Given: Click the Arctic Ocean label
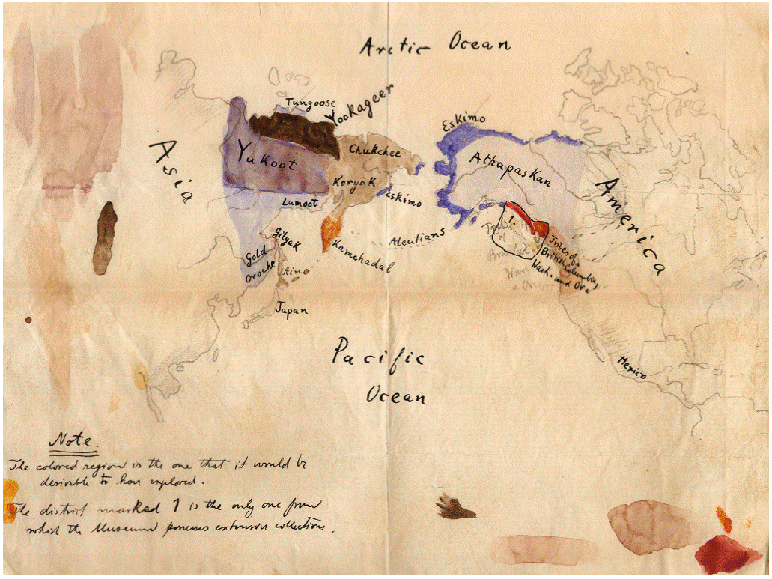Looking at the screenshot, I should [x=435, y=46].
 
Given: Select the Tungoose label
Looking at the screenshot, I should [x=309, y=103].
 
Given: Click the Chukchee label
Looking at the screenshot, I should [x=374, y=151].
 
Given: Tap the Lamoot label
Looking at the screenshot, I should [x=300, y=202].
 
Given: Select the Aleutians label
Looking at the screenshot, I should [x=417, y=238].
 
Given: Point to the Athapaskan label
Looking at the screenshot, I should [x=510, y=169].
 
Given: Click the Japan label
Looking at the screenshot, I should [x=292, y=309].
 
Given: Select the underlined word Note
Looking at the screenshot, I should [x=73, y=441].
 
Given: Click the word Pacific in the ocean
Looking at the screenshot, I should [x=378, y=353].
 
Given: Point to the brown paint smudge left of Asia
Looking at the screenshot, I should [x=105, y=237].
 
